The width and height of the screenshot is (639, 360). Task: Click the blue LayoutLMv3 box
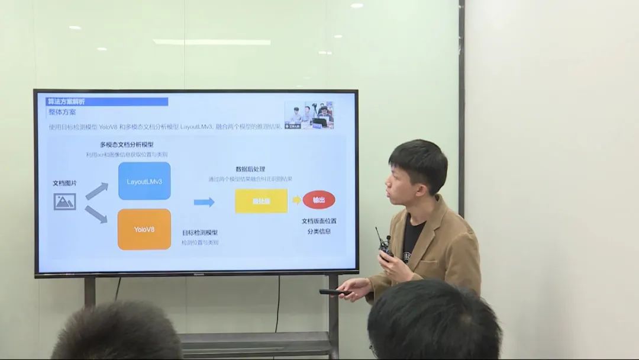tap(144, 181)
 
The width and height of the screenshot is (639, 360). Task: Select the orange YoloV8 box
tap(144, 229)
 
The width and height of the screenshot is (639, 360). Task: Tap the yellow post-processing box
tap(261, 201)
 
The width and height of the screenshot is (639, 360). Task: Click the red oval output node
tap(319, 200)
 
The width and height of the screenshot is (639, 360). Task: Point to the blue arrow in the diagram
tap(204, 202)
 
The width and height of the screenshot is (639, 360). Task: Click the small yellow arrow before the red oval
tap(296, 200)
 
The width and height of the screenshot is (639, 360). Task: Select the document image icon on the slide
tap(65, 202)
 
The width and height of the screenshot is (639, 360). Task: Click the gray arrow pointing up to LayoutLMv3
tap(96, 191)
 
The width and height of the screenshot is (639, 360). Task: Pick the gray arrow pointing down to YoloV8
tap(96, 214)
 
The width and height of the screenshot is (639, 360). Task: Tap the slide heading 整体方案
tap(62, 112)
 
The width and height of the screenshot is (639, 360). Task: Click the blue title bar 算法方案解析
tap(107, 102)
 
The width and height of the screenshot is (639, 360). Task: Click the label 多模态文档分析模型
tap(127, 144)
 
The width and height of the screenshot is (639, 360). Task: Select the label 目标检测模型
tap(200, 233)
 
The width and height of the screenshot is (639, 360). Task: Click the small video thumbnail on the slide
tap(309, 115)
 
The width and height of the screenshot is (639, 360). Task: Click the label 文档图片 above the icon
tap(65, 183)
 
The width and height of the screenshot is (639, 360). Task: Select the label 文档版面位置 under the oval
tap(319, 221)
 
